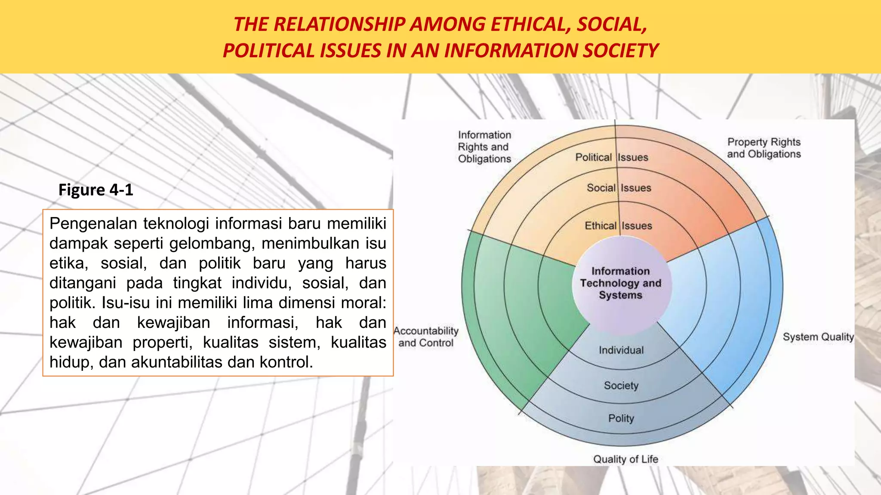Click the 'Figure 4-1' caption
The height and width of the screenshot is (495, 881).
click(x=96, y=190)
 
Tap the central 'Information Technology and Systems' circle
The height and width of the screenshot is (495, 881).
click(x=620, y=283)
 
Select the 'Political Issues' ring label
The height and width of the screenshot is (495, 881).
click(x=611, y=157)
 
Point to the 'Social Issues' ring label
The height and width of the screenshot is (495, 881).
click(x=619, y=188)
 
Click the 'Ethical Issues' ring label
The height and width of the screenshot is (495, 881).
click(x=618, y=226)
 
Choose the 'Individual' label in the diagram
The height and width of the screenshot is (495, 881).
click(x=621, y=350)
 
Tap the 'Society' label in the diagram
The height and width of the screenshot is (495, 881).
click(x=621, y=385)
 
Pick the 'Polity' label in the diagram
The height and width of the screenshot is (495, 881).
click(x=621, y=418)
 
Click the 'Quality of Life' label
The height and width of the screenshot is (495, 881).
click(x=625, y=459)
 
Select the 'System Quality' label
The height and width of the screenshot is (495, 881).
click(x=818, y=337)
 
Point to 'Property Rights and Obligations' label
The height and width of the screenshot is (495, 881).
click(x=764, y=148)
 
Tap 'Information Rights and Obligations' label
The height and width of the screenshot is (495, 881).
click(x=484, y=147)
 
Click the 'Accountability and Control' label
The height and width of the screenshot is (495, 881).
click(x=426, y=337)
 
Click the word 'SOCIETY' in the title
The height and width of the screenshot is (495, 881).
click(x=620, y=51)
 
